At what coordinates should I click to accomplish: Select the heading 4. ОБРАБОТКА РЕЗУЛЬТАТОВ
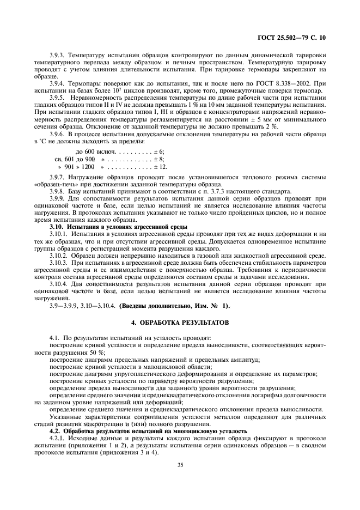point(180,323)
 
